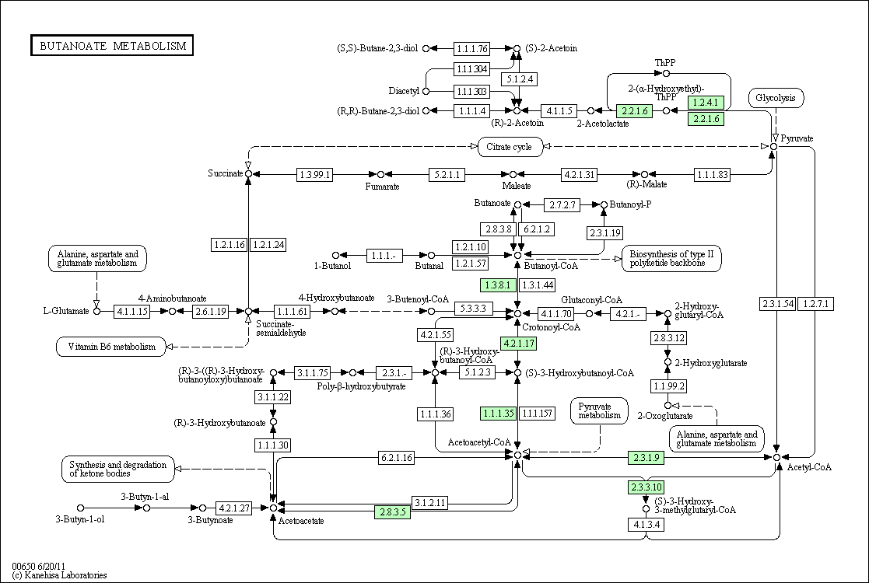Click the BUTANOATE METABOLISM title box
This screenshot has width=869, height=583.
point(112,45)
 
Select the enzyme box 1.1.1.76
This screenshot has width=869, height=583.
point(472,49)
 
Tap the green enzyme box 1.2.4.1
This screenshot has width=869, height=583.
point(706,103)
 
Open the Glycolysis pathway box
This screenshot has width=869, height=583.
point(776,98)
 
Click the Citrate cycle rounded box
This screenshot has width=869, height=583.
point(510,147)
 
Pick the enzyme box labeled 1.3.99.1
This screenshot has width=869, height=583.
point(314,175)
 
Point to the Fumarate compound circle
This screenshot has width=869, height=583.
point(380,175)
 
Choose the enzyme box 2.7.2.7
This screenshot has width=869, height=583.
point(562,205)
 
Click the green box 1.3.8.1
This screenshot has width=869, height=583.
point(498,285)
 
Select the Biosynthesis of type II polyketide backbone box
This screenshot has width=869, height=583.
point(671,259)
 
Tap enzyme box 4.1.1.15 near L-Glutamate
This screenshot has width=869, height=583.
point(132,311)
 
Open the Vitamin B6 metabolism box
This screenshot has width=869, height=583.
point(112,347)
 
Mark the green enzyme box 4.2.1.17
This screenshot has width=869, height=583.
point(519,344)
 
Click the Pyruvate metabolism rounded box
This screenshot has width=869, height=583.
point(600,410)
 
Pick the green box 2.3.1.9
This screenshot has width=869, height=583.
point(646,458)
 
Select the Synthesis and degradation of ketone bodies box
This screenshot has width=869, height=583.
point(118,469)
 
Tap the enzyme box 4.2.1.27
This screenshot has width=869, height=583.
point(234,508)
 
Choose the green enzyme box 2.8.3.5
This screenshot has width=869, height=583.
point(393,512)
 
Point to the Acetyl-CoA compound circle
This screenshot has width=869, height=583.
point(777,457)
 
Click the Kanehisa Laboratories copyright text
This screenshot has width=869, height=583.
point(60,575)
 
